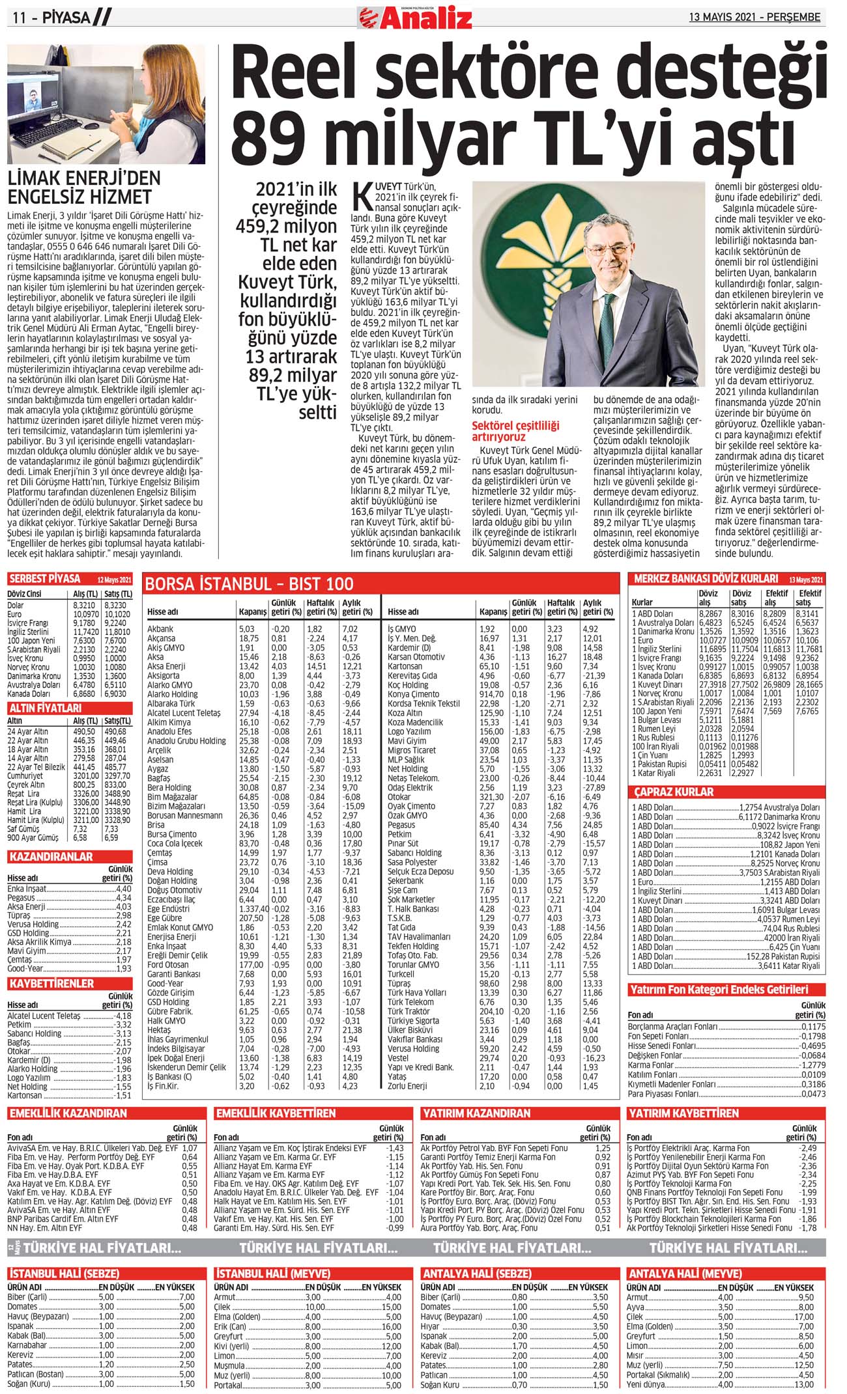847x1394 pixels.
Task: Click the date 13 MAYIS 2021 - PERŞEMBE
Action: click(754, 18)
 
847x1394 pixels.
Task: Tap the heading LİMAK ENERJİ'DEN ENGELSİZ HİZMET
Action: click(83, 188)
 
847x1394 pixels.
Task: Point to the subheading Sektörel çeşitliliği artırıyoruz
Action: click(515, 431)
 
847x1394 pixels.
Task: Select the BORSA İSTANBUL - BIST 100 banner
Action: click(249, 584)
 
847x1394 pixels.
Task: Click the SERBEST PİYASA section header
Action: click(45, 579)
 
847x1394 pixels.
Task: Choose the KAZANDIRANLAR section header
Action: click(51, 857)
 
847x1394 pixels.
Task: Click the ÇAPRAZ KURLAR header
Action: click(674, 792)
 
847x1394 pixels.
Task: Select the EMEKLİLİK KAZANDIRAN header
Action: click(68, 1114)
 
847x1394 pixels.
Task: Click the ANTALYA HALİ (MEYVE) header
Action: click(684, 1274)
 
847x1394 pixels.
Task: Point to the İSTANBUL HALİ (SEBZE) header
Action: click(64, 1274)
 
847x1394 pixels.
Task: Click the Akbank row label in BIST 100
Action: click(160, 629)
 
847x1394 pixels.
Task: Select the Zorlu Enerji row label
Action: click(407, 1085)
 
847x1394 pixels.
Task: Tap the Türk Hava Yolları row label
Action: click(416, 992)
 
